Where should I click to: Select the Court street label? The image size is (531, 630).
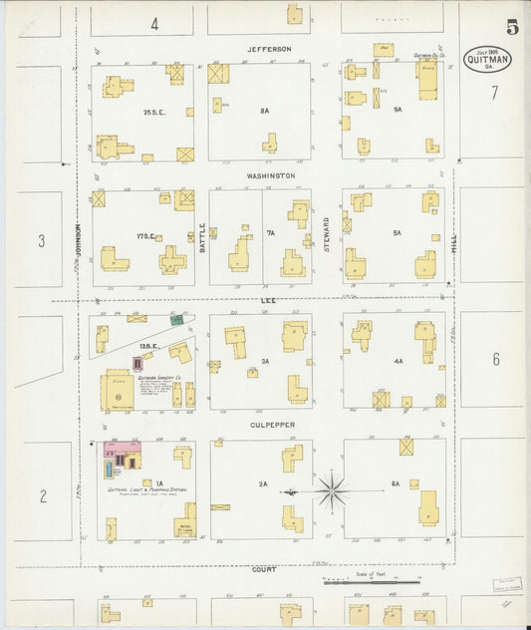pos(264,569)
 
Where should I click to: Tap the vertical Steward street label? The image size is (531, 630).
pos(326,236)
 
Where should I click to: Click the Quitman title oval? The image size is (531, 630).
pos(488,59)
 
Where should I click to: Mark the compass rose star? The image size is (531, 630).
pos(332,490)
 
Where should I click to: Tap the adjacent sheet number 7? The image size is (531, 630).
pos(493,94)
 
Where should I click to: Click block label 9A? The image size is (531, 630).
pos(397,109)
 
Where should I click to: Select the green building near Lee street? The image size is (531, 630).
pos(176,320)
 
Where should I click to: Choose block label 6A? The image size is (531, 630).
pos(396,483)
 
